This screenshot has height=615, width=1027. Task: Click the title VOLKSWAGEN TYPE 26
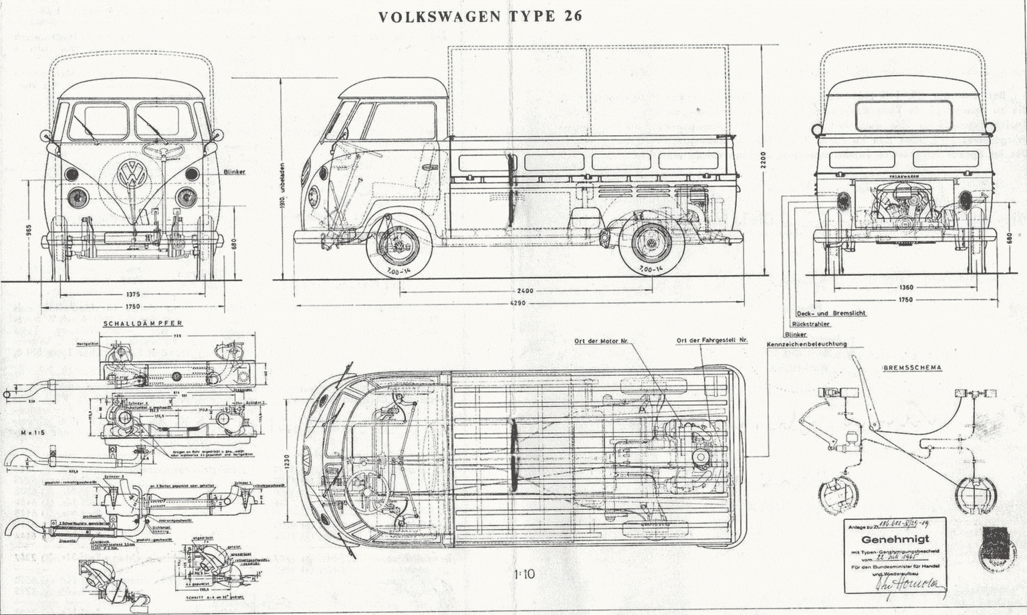[479, 17]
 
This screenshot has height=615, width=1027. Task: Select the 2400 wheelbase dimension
[525, 291]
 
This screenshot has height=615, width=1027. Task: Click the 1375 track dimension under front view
[133, 294]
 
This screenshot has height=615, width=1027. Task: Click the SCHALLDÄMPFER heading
[142, 323]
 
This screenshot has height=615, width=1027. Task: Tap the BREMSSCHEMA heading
[912, 367]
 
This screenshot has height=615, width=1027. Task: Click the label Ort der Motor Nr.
[601, 341]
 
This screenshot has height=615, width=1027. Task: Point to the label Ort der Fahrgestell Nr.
[711, 341]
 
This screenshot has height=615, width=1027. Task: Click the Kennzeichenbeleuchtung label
[806, 344]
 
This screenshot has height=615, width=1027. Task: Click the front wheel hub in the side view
[401, 248]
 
